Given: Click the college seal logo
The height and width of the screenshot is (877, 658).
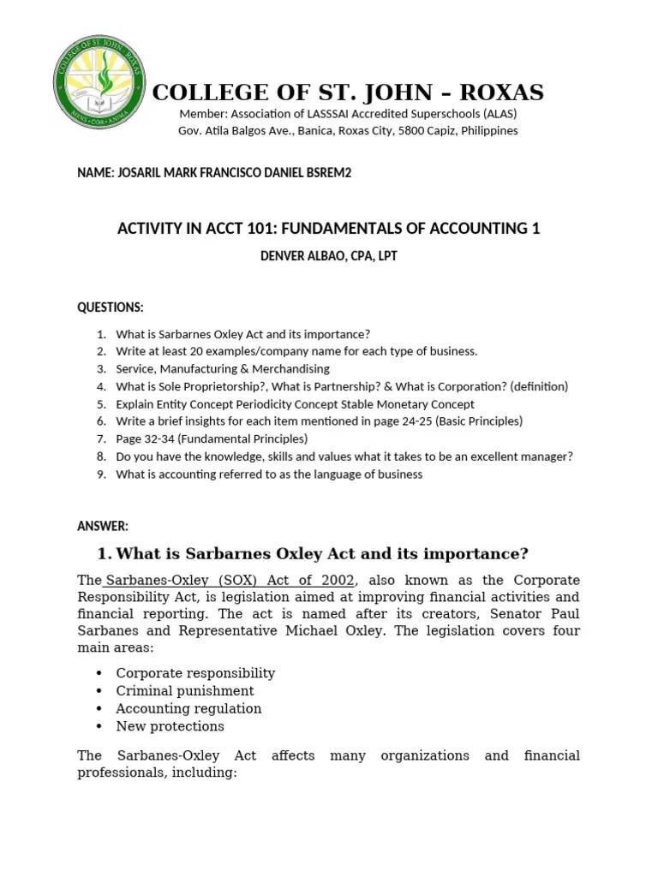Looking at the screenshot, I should [x=99, y=82].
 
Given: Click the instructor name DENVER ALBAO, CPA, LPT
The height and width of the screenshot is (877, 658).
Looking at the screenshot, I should [x=328, y=256].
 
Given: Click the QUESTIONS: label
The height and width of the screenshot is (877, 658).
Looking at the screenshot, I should [x=111, y=307].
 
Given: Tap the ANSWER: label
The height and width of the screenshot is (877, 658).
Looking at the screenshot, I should [x=103, y=526].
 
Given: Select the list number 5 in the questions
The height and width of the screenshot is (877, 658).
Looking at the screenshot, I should [x=101, y=404].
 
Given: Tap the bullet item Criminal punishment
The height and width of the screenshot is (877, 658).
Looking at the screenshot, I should [x=185, y=690].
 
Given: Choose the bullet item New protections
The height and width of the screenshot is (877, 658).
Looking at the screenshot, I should [x=170, y=726].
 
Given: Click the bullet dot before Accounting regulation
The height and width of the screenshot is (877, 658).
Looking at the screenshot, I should [x=100, y=709].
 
